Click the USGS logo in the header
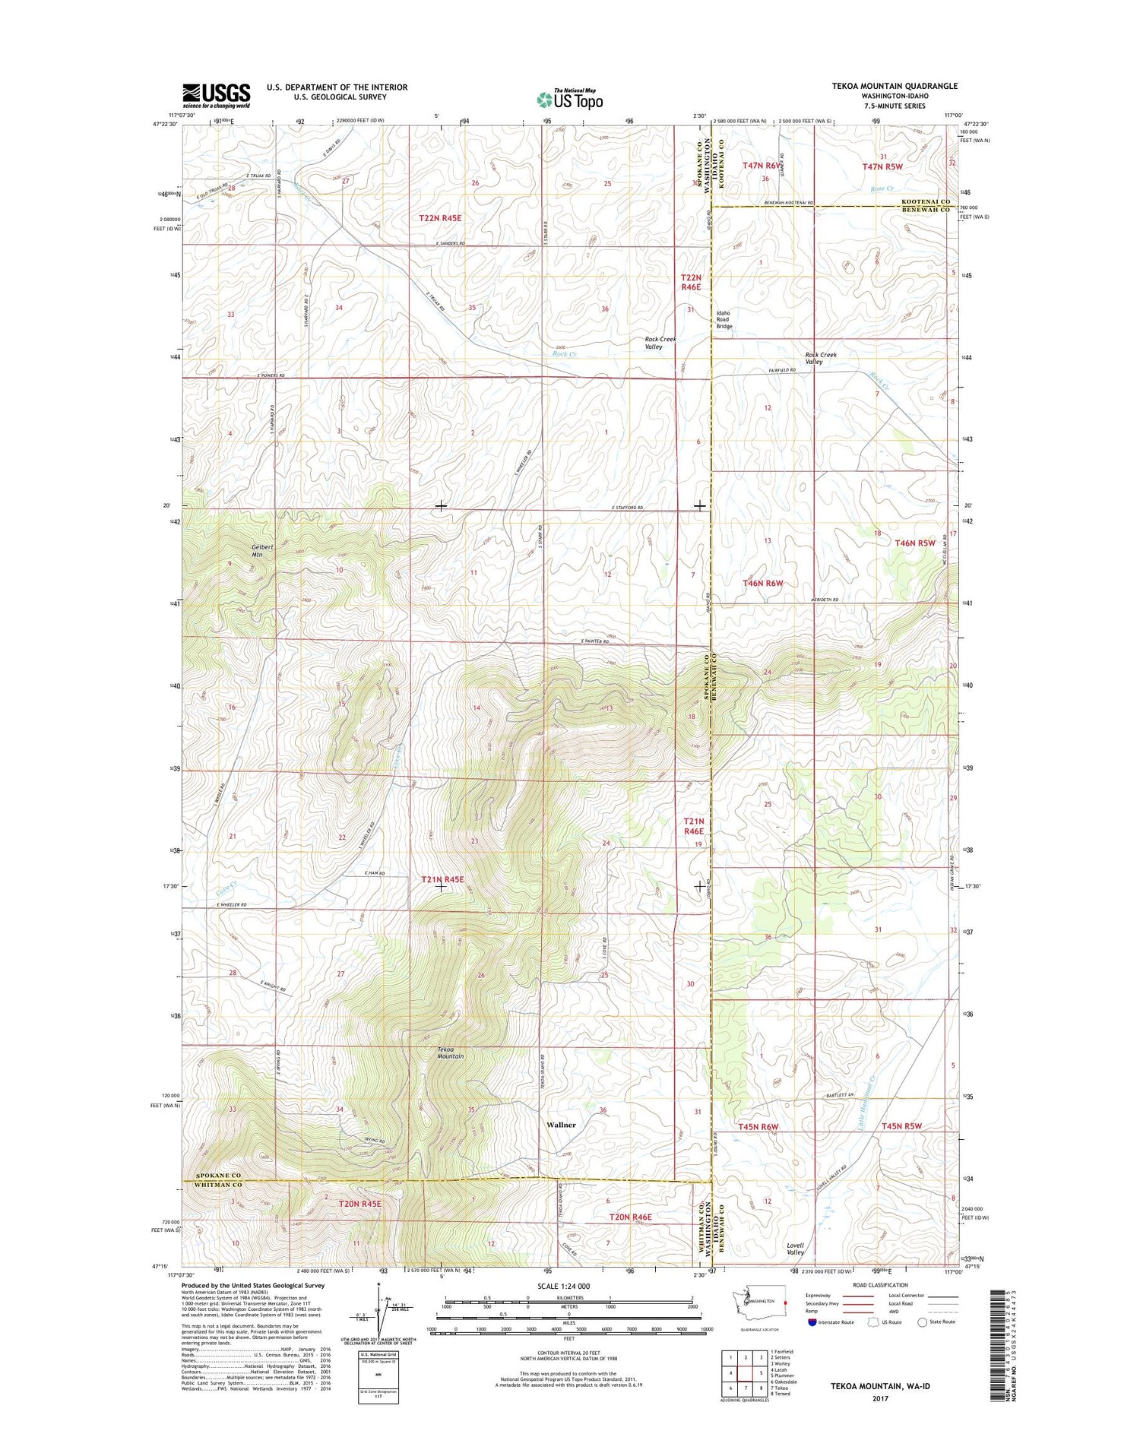(216, 96)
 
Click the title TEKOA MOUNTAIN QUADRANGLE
(894, 87)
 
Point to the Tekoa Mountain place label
(450, 1053)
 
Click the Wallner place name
(561, 1124)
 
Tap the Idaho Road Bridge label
(723, 320)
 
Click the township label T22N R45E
(440, 218)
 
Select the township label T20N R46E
(630, 1217)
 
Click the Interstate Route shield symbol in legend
(814, 1322)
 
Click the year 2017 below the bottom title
(880, 1399)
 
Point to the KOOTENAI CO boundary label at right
(926, 202)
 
